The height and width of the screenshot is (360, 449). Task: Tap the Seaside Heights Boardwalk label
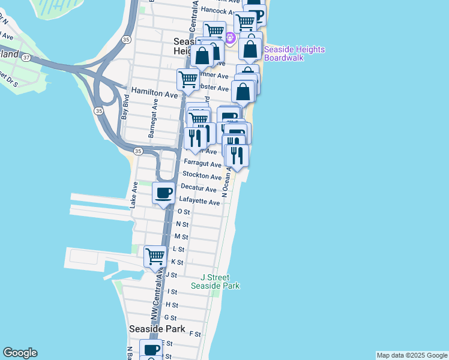point(294,53)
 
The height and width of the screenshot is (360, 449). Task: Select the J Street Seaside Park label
point(215,281)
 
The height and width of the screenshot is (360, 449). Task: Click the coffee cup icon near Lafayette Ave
point(164,193)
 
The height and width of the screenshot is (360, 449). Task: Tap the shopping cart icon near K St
point(155,256)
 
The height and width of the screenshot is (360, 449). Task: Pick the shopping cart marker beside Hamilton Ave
point(188,79)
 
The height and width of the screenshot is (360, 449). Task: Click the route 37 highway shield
point(26,58)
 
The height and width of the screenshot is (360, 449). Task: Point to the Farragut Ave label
point(199,163)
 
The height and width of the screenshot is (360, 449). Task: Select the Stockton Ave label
point(202,176)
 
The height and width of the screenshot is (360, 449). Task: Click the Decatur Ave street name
point(199,189)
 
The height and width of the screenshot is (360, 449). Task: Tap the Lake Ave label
point(134,196)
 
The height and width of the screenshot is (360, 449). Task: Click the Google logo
point(20,353)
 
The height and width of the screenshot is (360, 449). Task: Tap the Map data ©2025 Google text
point(411,355)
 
